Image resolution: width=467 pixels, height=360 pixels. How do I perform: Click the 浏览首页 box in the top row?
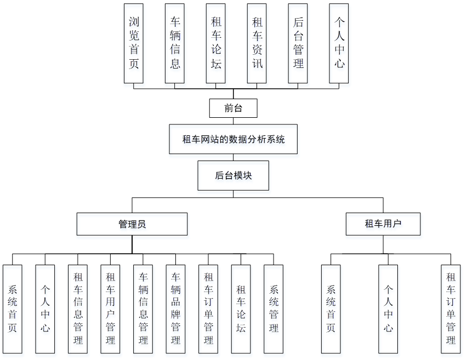[134, 43]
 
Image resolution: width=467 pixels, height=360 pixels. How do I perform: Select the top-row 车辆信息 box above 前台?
[175, 43]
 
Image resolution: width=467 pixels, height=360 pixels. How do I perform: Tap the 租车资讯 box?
[257, 43]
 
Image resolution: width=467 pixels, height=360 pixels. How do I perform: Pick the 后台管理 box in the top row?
[298, 43]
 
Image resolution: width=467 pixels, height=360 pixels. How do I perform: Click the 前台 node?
[233, 108]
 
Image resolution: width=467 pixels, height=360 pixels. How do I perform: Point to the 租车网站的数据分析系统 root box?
[233, 139]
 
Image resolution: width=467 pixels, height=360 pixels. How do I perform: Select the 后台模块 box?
[233, 175]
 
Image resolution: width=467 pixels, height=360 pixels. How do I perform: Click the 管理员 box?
[132, 224]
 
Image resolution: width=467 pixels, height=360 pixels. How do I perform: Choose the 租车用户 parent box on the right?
[383, 224]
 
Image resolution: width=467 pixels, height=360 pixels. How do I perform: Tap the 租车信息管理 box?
[78, 309]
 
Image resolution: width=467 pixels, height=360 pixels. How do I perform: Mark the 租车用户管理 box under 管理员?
[110, 309]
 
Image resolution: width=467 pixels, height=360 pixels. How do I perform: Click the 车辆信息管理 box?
[143, 309]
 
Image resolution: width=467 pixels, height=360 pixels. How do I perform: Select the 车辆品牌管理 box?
[175, 309]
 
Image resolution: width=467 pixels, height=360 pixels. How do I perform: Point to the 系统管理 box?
[274, 309]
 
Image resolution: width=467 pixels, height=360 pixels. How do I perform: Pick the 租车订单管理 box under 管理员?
[208, 309]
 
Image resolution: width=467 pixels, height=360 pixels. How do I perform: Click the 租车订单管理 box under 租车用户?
[451, 309]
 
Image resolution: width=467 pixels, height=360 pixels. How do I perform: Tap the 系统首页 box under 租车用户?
[331, 309]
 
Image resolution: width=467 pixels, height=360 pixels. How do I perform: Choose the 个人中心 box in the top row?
[339, 43]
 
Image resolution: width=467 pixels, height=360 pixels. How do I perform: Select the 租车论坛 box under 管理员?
[241, 309]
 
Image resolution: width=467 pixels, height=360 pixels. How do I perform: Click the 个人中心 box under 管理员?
[45, 309]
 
